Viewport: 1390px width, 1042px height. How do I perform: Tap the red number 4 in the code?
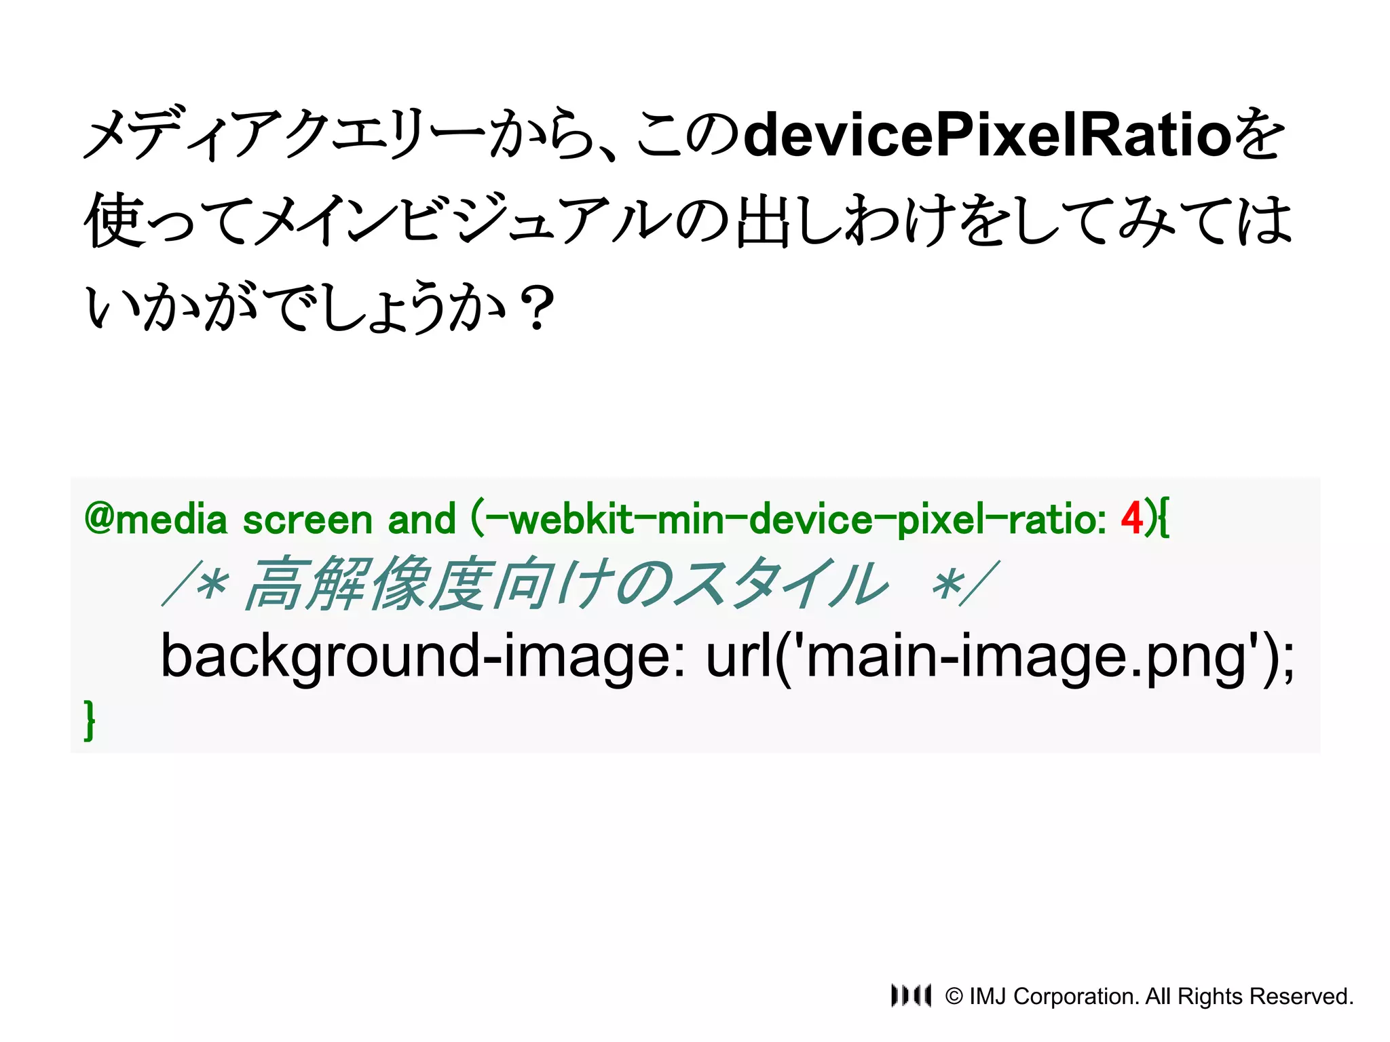tap(1132, 519)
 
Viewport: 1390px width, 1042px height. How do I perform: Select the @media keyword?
tap(155, 520)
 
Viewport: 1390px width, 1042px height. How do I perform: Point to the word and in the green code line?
tap(421, 520)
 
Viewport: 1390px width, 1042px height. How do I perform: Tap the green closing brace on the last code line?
tap(90, 720)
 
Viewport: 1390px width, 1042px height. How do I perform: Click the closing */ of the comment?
tap(964, 584)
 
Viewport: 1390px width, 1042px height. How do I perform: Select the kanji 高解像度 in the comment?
tap(367, 584)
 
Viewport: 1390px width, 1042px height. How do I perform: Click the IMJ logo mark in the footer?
tap(911, 995)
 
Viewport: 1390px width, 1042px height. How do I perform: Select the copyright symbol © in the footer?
tap(954, 997)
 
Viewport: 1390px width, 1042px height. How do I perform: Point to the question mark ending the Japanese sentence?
tap(538, 309)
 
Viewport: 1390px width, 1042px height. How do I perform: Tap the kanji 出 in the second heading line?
tap(763, 220)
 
